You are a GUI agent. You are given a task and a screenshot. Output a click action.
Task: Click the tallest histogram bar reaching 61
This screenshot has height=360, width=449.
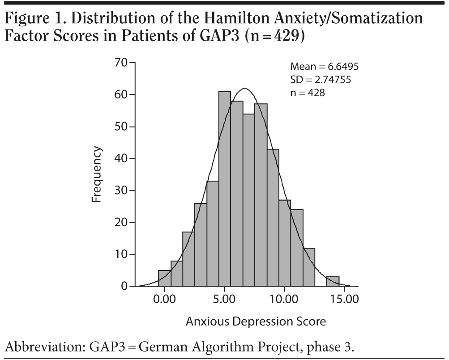click(224, 188)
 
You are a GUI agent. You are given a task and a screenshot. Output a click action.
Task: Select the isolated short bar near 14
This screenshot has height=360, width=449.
click(332, 281)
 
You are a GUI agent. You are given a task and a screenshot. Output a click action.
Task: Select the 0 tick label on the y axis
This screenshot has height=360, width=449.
click(124, 286)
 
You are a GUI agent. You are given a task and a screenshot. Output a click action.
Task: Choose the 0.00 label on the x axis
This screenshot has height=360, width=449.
click(164, 299)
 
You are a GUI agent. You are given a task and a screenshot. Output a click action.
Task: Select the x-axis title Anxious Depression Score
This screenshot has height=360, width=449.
click(256, 321)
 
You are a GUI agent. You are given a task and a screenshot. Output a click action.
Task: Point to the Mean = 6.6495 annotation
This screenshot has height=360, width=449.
click(325, 67)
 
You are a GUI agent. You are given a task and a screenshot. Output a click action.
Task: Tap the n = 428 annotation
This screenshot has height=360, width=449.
click(307, 93)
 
